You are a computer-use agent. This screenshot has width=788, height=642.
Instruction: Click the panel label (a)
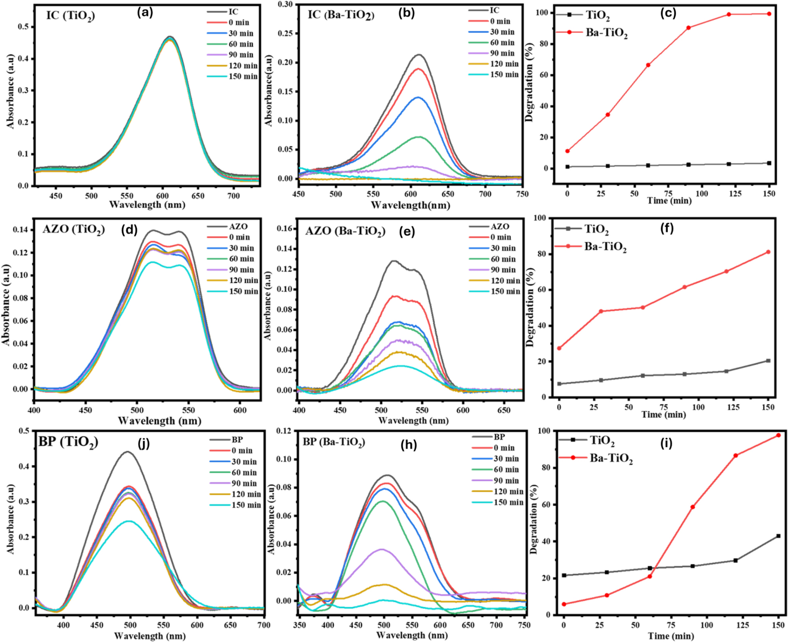coord(145,13)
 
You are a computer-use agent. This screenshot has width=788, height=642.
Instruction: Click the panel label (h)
coord(409,445)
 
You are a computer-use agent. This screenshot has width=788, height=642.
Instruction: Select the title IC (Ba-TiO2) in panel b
coord(341,15)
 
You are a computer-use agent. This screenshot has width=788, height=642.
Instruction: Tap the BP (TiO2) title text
coord(68,442)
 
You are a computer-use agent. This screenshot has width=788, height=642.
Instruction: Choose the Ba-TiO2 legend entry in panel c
coord(592,33)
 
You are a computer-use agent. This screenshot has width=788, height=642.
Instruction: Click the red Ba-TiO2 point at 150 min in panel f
coord(768,252)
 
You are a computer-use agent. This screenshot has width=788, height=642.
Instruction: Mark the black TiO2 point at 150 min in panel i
coord(767,536)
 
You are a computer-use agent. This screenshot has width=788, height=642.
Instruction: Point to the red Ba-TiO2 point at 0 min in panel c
coord(568,151)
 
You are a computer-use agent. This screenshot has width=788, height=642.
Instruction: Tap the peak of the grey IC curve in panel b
coord(419,55)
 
